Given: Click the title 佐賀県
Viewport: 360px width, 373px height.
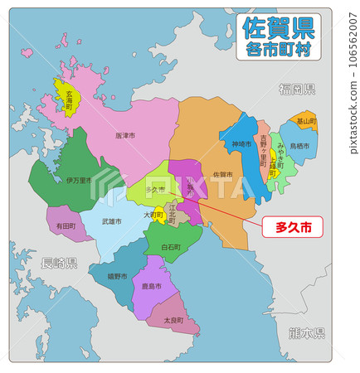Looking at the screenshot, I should (279, 29).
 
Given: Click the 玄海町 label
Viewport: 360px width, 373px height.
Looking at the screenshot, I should (69, 100).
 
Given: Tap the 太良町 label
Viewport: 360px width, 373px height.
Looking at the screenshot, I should (173, 320).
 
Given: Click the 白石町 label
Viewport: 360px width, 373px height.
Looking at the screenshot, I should (171, 247).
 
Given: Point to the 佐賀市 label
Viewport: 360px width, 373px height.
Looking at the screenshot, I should (222, 175).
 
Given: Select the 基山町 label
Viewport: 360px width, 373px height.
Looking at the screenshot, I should (306, 121).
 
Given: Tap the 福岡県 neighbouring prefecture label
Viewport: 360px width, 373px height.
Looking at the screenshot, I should (297, 89).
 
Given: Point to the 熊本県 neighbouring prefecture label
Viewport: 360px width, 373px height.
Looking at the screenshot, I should (307, 333).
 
